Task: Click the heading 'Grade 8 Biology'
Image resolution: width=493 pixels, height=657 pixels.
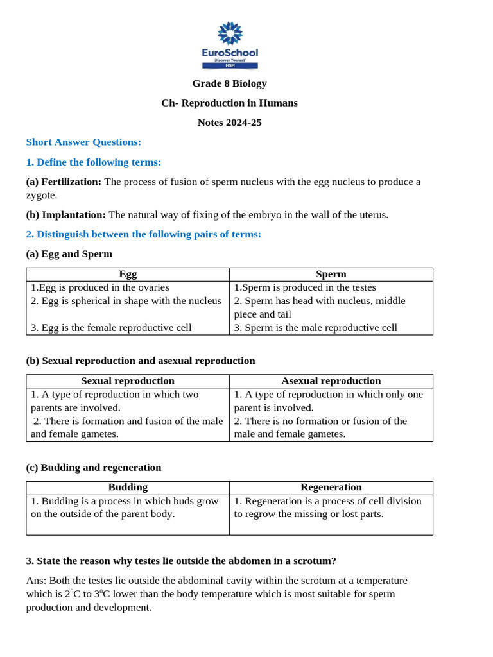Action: point(229,83)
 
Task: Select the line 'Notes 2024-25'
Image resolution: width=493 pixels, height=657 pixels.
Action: point(229,123)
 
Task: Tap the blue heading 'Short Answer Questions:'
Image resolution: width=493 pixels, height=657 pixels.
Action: point(83,142)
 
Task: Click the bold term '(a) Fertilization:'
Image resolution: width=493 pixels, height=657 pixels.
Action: point(64,182)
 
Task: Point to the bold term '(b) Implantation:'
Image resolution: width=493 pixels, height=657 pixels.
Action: point(65,214)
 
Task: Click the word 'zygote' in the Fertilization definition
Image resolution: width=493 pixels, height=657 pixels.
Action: point(41,195)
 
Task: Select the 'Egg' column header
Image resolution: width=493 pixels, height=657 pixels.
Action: point(128,274)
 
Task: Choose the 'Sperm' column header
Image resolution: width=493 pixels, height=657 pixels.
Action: point(331,274)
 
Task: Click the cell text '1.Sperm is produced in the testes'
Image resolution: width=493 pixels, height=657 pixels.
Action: point(305,287)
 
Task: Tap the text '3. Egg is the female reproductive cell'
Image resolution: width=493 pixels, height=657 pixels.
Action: point(111,327)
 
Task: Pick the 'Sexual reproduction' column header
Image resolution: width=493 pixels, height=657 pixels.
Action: point(128,380)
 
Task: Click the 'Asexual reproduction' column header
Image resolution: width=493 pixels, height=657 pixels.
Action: point(331,380)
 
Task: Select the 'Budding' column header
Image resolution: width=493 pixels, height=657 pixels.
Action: point(128,487)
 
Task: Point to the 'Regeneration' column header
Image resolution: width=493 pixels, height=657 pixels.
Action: point(331,487)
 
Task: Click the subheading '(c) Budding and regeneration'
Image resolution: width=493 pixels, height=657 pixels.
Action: point(94,467)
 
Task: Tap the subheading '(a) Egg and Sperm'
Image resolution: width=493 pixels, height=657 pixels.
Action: point(69,253)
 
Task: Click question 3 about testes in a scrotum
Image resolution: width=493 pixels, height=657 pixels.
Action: point(181,561)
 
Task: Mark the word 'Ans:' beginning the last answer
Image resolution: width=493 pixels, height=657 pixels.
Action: point(37,581)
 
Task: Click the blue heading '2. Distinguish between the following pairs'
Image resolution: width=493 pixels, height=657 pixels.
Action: point(143,234)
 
